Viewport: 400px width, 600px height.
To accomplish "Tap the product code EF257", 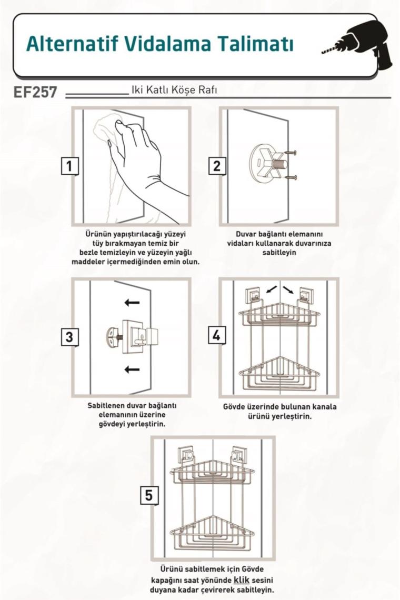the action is tap(35, 92).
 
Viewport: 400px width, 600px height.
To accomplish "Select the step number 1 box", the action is tap(69, 166).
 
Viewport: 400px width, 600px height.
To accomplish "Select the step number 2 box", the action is tap(217, 166).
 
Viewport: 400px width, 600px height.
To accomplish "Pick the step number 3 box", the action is tap(69, 337).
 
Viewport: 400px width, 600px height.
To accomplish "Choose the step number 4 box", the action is tap(217, 336).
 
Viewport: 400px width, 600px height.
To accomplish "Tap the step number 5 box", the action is tap(148, 495).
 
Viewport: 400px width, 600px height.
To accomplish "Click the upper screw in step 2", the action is tap(291, 153).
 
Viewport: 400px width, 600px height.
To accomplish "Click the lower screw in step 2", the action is tap(291, 177).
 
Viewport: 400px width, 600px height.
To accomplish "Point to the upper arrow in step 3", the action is tap(132, 303).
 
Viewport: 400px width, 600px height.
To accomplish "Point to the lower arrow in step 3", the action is tap(132, 369).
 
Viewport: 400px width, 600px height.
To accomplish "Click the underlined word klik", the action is tap(242, 580).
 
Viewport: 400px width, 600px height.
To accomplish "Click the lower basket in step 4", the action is tap(280, 374).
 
